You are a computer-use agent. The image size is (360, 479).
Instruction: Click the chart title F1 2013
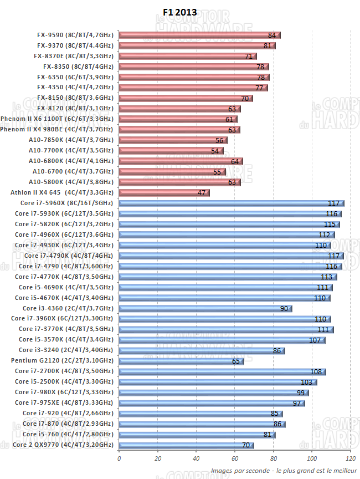(x=179, y=13)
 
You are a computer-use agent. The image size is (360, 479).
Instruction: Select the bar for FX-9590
(x=199, y=35)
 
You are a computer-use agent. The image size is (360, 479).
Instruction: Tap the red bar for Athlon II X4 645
(x=164, y=192)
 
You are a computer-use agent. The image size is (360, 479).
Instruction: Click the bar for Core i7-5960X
(x=231, y=203)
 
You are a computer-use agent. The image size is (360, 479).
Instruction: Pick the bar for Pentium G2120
(x=181, y=361)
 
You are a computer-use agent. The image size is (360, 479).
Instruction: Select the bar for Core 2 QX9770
(x=186, y=445)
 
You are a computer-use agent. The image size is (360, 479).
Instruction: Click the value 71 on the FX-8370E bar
(x=249, y=56)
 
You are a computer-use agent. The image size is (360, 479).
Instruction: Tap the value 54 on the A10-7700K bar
(x=215, y=151)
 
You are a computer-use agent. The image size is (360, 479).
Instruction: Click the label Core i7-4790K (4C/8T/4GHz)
(x=69, y=256)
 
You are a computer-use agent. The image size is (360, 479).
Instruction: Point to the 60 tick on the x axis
(x=234, y=458)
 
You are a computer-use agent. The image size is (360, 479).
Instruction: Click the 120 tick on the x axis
(x=350, y=458)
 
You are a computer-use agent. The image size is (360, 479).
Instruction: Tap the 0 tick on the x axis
(x=119, y=458)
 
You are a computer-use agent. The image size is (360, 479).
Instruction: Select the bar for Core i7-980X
(x=214, y=393)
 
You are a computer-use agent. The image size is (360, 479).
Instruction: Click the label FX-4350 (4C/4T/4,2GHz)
(x=75, y=87)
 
